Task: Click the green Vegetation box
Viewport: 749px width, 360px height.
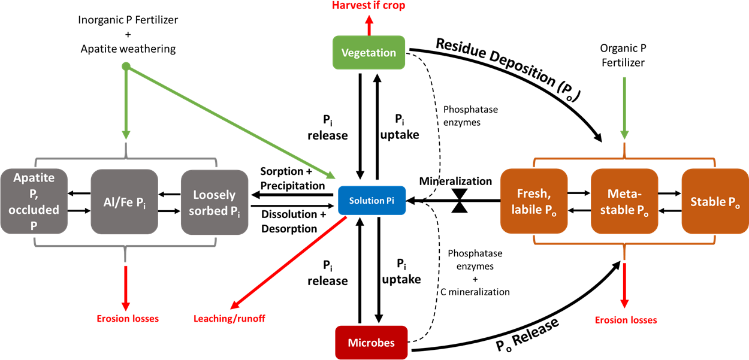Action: click(369, 53)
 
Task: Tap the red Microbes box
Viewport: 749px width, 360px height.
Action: click(372, 343)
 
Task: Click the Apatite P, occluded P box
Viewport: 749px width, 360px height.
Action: click(34, 202)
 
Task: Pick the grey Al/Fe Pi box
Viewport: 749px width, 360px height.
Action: click(124, 202)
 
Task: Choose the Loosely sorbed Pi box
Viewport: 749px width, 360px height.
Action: click(215, 202)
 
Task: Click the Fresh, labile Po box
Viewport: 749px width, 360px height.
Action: click(534, 201)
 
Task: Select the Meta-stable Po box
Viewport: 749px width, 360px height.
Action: click(624, 201)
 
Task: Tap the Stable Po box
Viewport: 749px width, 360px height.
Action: click(715, 201)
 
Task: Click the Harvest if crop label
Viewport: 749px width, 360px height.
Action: click(369, 6)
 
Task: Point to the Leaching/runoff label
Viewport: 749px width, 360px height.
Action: click(229, 319)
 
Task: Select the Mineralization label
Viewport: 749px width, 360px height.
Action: click(455, 181)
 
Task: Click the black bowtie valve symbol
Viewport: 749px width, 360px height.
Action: click(460, 201)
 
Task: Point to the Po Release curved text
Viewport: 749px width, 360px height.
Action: click(527, 335)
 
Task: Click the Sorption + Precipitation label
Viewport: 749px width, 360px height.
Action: click(292, 179)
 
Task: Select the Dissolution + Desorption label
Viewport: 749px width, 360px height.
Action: click(292, 221)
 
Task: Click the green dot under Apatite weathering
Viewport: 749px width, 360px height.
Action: click(126, 66)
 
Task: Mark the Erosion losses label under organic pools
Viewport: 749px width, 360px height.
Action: click(626, 320)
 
